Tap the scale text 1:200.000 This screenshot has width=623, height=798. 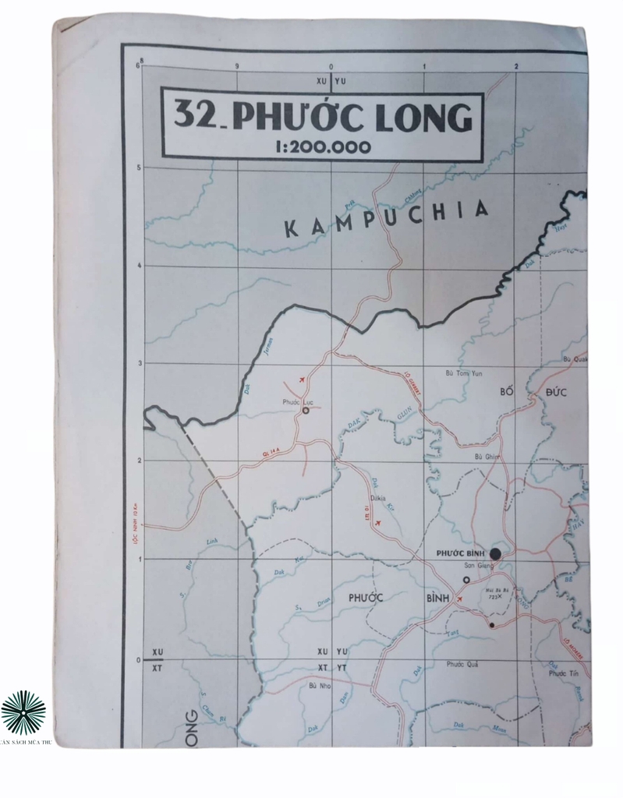(321, 145)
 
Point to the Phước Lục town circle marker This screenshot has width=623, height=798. (306, 411)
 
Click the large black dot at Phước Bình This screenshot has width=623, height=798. (495, 553)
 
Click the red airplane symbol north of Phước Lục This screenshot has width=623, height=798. (300, 380)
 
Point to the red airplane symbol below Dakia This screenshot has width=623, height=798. (379, 522)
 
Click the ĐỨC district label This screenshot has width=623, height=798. (557, 394)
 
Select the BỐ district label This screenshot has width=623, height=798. (509, 394)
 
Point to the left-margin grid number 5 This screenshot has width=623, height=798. (138, 168)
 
